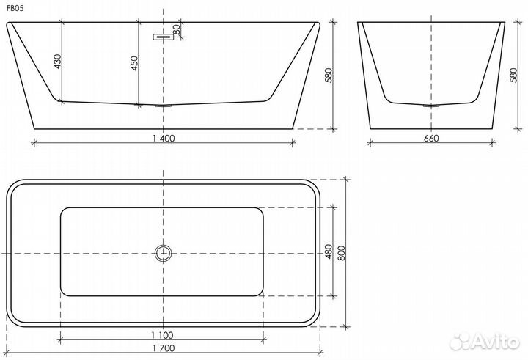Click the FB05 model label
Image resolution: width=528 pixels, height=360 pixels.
coord(15,9)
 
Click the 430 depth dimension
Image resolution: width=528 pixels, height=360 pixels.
coord(58,62)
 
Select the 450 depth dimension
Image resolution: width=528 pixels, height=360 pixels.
coord(134,63)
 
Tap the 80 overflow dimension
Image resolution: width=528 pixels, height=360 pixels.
coord(177,29)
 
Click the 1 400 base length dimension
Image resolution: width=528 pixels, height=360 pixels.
coord(164,138)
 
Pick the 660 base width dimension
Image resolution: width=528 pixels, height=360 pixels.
coord(431,138)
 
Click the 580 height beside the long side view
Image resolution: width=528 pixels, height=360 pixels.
coord(329,76)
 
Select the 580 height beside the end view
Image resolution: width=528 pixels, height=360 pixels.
coord(513,76)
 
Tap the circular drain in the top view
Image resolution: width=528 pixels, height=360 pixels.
coord(164,253)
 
